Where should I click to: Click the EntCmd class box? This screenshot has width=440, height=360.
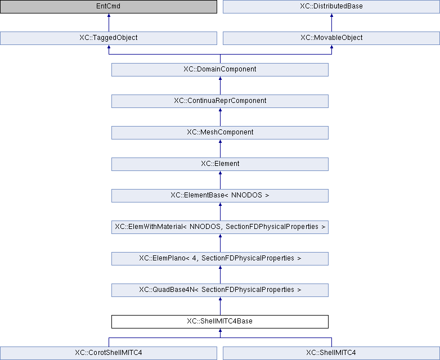point(109,6)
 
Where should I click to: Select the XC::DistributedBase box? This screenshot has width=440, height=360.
point(331,6)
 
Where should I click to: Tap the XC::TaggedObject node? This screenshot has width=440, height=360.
point(109,38)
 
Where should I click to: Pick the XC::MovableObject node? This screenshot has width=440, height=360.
point(331,38)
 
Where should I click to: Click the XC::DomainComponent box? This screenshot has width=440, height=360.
point(220,69)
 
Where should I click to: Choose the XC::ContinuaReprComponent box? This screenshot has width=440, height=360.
point(220,101)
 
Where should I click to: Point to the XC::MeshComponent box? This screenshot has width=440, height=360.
point(220,132)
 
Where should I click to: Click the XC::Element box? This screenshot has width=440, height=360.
point(220,164)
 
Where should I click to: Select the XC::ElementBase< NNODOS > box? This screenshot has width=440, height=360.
point(220,196)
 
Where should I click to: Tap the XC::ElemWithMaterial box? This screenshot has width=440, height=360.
point(220,227)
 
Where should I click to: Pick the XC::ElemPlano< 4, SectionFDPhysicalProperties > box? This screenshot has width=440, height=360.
point(220,258)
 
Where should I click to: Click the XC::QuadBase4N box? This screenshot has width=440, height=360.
point(220,290)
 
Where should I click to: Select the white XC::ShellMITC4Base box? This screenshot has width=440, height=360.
point(220,322)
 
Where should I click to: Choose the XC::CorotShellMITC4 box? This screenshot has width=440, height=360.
point(109,353)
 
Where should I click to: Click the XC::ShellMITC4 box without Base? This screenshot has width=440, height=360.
point(331,353)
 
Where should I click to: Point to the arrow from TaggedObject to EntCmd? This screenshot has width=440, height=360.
point(109,22)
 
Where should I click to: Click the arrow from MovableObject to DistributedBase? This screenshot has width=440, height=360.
point(331,22)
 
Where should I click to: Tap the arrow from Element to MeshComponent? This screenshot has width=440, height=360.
point(220,148)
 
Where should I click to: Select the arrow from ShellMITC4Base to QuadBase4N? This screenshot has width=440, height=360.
point(220,306)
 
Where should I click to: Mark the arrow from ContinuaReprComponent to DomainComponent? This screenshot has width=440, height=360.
point(220,85)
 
